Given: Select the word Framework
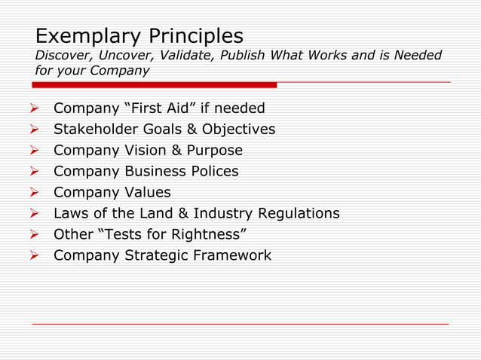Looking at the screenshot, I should [231, 255].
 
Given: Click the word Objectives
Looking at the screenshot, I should [239, 129].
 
